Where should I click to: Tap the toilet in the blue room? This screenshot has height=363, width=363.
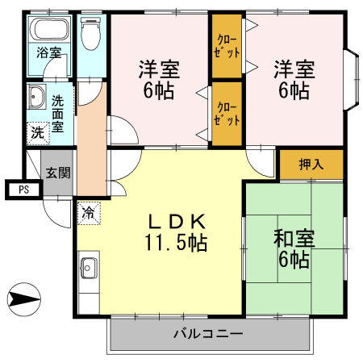tap(91, 33)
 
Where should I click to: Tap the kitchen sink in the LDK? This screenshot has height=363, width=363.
tap(89, 268)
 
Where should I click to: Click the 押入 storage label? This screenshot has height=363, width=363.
tap(311, 165)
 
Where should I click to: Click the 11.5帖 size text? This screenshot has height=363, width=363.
tap(175, 240)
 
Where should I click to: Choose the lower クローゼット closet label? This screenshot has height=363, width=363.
tap(227, 114)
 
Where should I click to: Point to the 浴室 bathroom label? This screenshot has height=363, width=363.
tap(48, 53)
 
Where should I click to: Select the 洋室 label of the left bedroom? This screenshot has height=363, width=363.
tap(159, 68)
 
